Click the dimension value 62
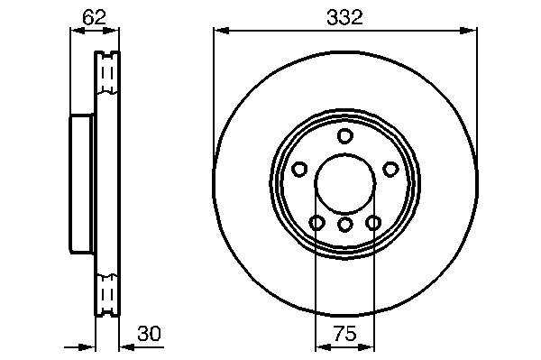(94, 17)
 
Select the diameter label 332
(344, 17)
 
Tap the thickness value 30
(149, 334)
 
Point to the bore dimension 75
(344, 334)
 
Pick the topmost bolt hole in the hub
(344, 135)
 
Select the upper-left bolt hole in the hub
(299, 169)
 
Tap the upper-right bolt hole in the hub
(390, 169)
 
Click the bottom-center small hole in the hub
(344, 225)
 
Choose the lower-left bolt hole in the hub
(316, 223)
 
